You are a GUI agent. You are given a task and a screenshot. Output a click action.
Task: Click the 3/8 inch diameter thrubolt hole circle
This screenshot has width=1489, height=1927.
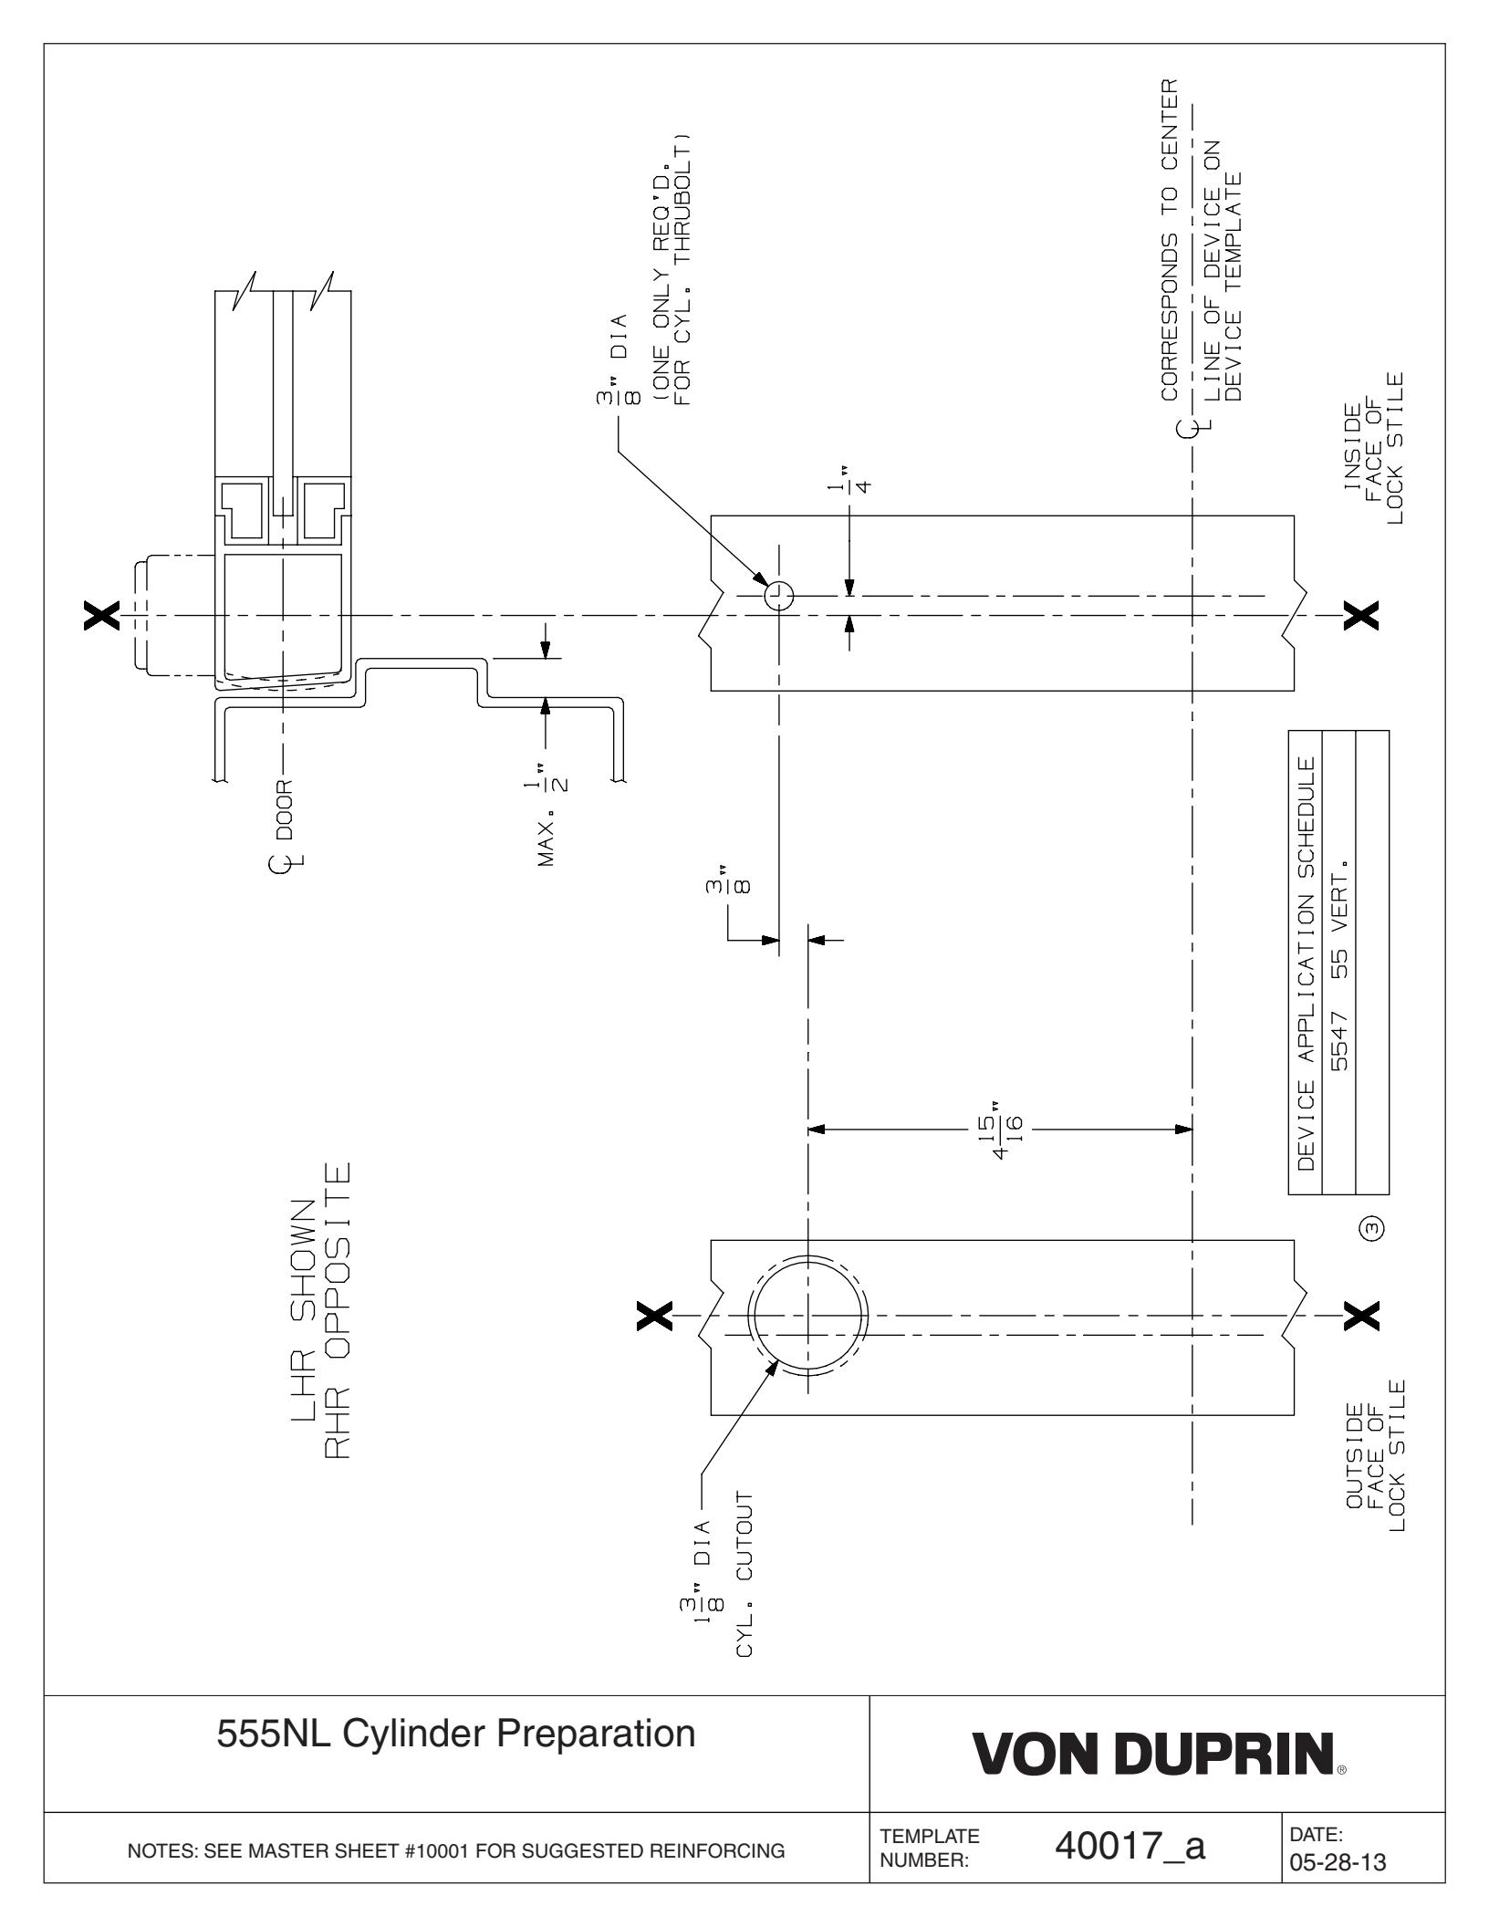pos(779,598)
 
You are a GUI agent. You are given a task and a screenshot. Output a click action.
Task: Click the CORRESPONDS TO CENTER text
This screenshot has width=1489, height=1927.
pos(1170,241)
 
